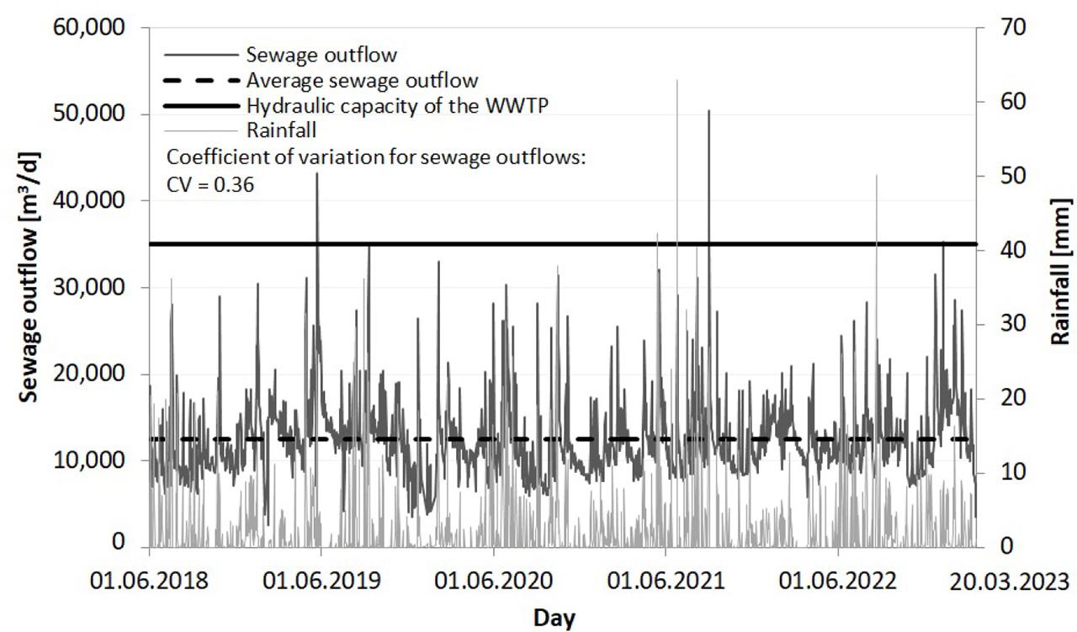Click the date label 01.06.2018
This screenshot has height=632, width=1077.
[150, 582]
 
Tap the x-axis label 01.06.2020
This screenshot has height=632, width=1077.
[494, 582]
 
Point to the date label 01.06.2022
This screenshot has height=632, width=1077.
[838, 582]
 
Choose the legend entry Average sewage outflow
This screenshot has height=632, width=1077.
[362, 81]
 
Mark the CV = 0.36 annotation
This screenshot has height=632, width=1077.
[210, 183]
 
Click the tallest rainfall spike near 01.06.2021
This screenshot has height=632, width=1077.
[677, 82]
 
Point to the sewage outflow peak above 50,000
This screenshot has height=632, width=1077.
[708, 111]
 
